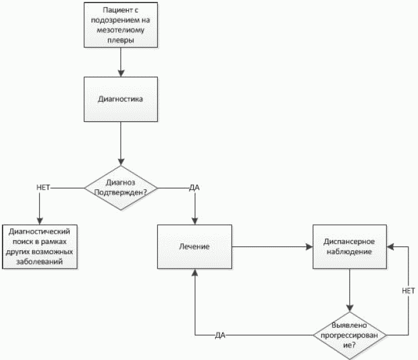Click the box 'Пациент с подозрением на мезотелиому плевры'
click(121, 25)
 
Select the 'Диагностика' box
click(121, 99)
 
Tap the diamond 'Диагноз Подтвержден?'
click(121, 188)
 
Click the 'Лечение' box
click(195, 246)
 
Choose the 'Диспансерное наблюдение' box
click(349, 246)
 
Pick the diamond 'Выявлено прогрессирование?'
click(349, 335)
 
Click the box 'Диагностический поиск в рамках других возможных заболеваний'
click(40, 246)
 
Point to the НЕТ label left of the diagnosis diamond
click(43, 187)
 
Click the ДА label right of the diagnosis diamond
click(194, 187)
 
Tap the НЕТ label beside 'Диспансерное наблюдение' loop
click(408, 291)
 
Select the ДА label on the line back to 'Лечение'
click(220, 335)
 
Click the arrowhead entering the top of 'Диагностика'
click(121, 74)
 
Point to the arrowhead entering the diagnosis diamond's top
click(121, 162)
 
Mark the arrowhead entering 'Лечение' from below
click(195, 272)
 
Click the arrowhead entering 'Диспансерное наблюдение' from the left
click(310, 247)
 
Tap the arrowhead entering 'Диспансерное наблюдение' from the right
click(390, 247)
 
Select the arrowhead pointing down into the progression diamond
click(349, 308)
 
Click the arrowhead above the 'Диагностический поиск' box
click(40, 221)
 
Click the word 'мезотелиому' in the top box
click(121, 30)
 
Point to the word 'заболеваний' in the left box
click(39, 262)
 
